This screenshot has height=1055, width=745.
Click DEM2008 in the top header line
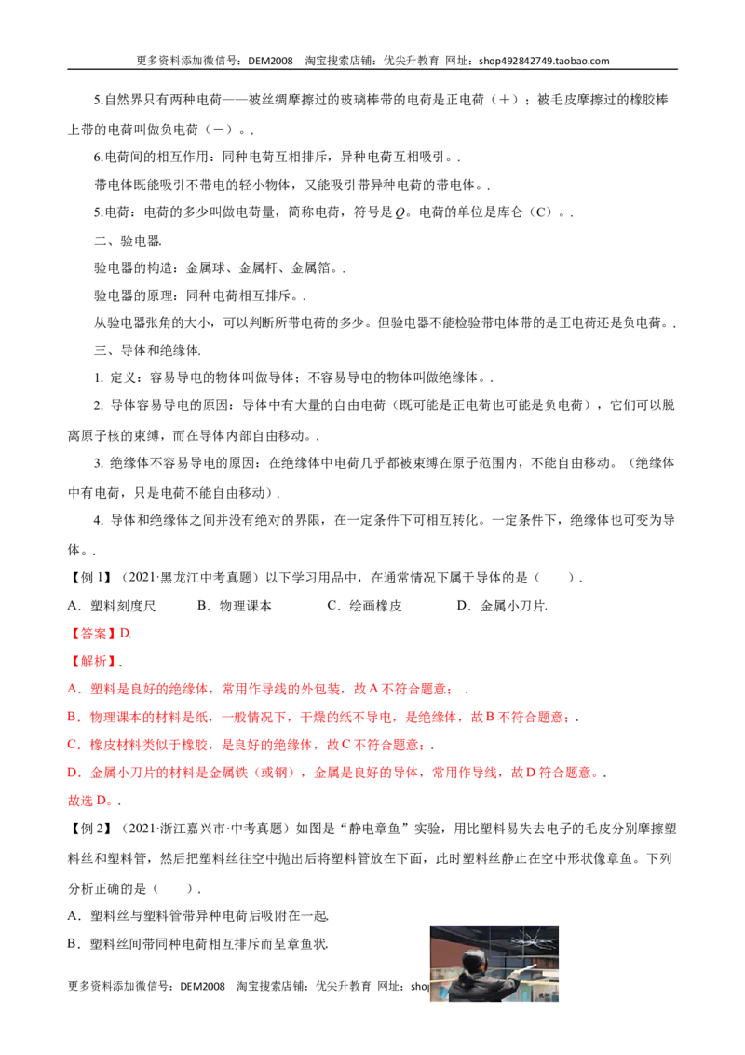[270, 61]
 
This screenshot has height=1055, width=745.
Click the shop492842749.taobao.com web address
[544, 61]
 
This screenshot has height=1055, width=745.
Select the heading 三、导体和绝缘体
[147, 349]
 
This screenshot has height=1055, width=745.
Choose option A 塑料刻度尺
[112, 606]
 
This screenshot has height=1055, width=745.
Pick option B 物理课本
[235, 606]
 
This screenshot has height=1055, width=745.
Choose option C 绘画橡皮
[364, 606]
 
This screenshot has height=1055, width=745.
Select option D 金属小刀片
[502, 606]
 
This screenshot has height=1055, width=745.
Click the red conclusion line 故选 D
[94, 800]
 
